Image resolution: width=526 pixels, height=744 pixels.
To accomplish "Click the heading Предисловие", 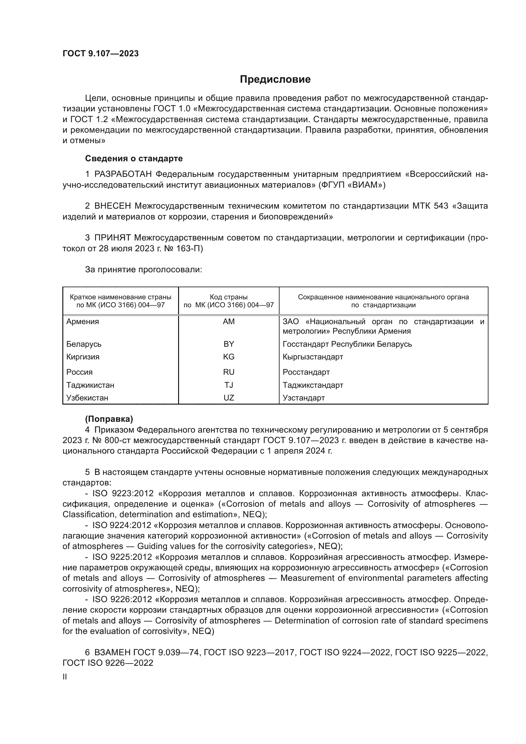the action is point(275,80).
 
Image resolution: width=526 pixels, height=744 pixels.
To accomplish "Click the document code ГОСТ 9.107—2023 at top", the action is point(100,53).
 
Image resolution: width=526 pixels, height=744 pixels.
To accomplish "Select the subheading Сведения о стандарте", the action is point(134,158).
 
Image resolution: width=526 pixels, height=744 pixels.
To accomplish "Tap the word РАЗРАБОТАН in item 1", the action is point(123,174).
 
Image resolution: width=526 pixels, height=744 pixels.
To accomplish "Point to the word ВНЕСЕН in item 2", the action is point(113,206).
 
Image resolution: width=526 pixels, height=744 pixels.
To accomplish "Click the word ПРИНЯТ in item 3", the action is point(112,238).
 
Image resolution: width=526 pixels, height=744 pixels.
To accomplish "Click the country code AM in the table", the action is point(229,322).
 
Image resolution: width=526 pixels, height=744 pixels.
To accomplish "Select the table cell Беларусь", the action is point(84,344).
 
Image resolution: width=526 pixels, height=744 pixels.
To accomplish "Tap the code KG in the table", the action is point(229,357).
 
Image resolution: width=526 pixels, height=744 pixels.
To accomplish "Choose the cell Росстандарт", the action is point(306,372).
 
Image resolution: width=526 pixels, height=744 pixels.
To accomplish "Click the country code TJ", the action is point(229,385).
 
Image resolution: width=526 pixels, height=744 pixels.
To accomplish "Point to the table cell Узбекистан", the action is point(87,398).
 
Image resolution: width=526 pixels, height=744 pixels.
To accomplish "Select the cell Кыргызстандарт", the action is point(313,357).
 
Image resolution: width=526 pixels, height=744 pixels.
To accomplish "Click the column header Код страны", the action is point(229,297).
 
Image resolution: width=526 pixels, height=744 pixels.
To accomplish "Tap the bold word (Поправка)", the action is point(109,419).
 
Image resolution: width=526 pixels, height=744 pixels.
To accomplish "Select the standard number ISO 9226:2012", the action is point(122,600).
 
